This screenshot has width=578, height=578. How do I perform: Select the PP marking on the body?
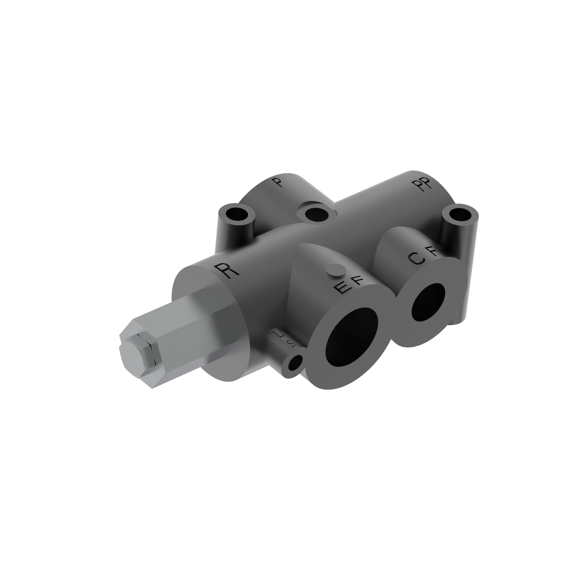425,185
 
